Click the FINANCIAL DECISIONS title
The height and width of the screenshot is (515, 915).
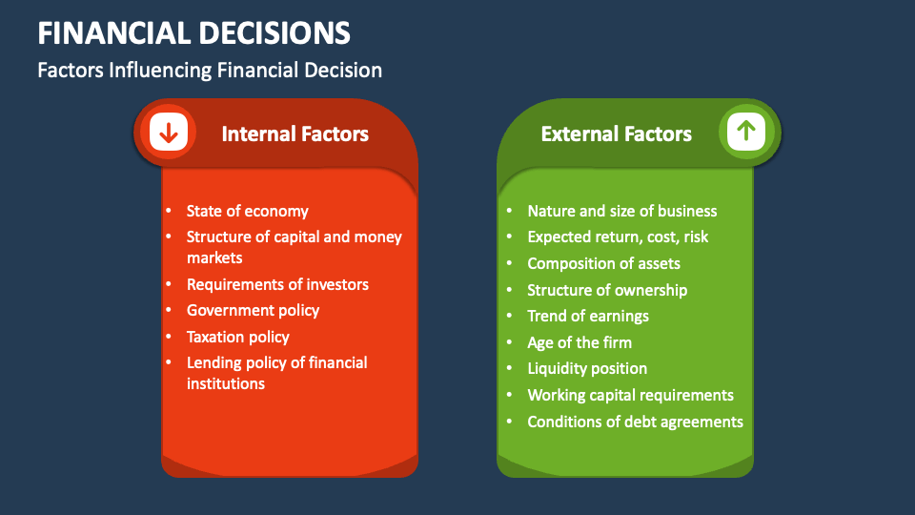coord(193,32)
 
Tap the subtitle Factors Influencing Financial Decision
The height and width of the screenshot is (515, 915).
coord(210,70)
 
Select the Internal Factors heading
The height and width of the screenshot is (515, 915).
coord(295,134)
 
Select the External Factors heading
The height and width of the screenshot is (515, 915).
coord(616,134)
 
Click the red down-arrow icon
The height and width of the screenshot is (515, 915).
coord(169,134)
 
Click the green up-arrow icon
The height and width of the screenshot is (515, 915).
coord(745,133)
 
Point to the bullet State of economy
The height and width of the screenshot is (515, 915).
coord(247,211)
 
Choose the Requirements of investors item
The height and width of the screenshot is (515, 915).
coord(277,284)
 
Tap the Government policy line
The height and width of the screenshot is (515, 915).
coord(253,310)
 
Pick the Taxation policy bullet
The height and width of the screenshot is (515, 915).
coord(237,337)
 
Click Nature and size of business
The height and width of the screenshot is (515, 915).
coord(621,211)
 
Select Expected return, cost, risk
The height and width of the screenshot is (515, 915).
coord(618,237)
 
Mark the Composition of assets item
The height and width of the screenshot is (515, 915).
coord(603,263)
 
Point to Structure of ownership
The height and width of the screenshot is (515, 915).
coord(607,290)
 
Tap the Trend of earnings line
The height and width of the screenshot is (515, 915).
coord(588,316)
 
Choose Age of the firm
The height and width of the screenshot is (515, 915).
coord(579,342)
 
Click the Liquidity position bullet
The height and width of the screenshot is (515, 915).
coord(587,368)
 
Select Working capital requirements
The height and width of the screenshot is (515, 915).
coord(630,395)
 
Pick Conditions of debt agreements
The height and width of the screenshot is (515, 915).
coord(635,422)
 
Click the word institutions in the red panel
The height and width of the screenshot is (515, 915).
coord(226,383)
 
